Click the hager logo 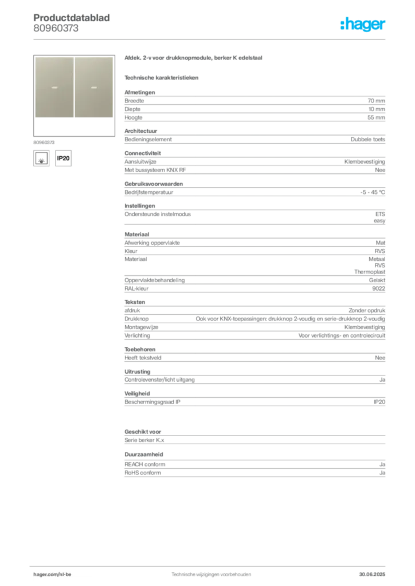click(363, 24)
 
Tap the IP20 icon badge click(63, 158)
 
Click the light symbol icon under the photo click(41, 158)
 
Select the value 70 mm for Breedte click(376, 101)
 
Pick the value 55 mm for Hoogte click(376, 117)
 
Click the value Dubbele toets click(368, 140)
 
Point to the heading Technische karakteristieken click(161, 78)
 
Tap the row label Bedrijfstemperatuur click(149, 192)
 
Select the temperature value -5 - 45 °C click(373, 192)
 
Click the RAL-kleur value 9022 click(379, 288)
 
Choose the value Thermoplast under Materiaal click(370, 272)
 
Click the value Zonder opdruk click(367, 311)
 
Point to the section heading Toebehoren click(140, 350)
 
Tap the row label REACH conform click(145, 465)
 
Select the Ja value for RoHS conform click(382, 473)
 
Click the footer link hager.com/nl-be click(52, 575)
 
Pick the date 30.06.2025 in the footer click(372, 575)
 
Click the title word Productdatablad click(72, 18)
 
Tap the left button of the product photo click(54, 87)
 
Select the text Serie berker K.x click(144, 440)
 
